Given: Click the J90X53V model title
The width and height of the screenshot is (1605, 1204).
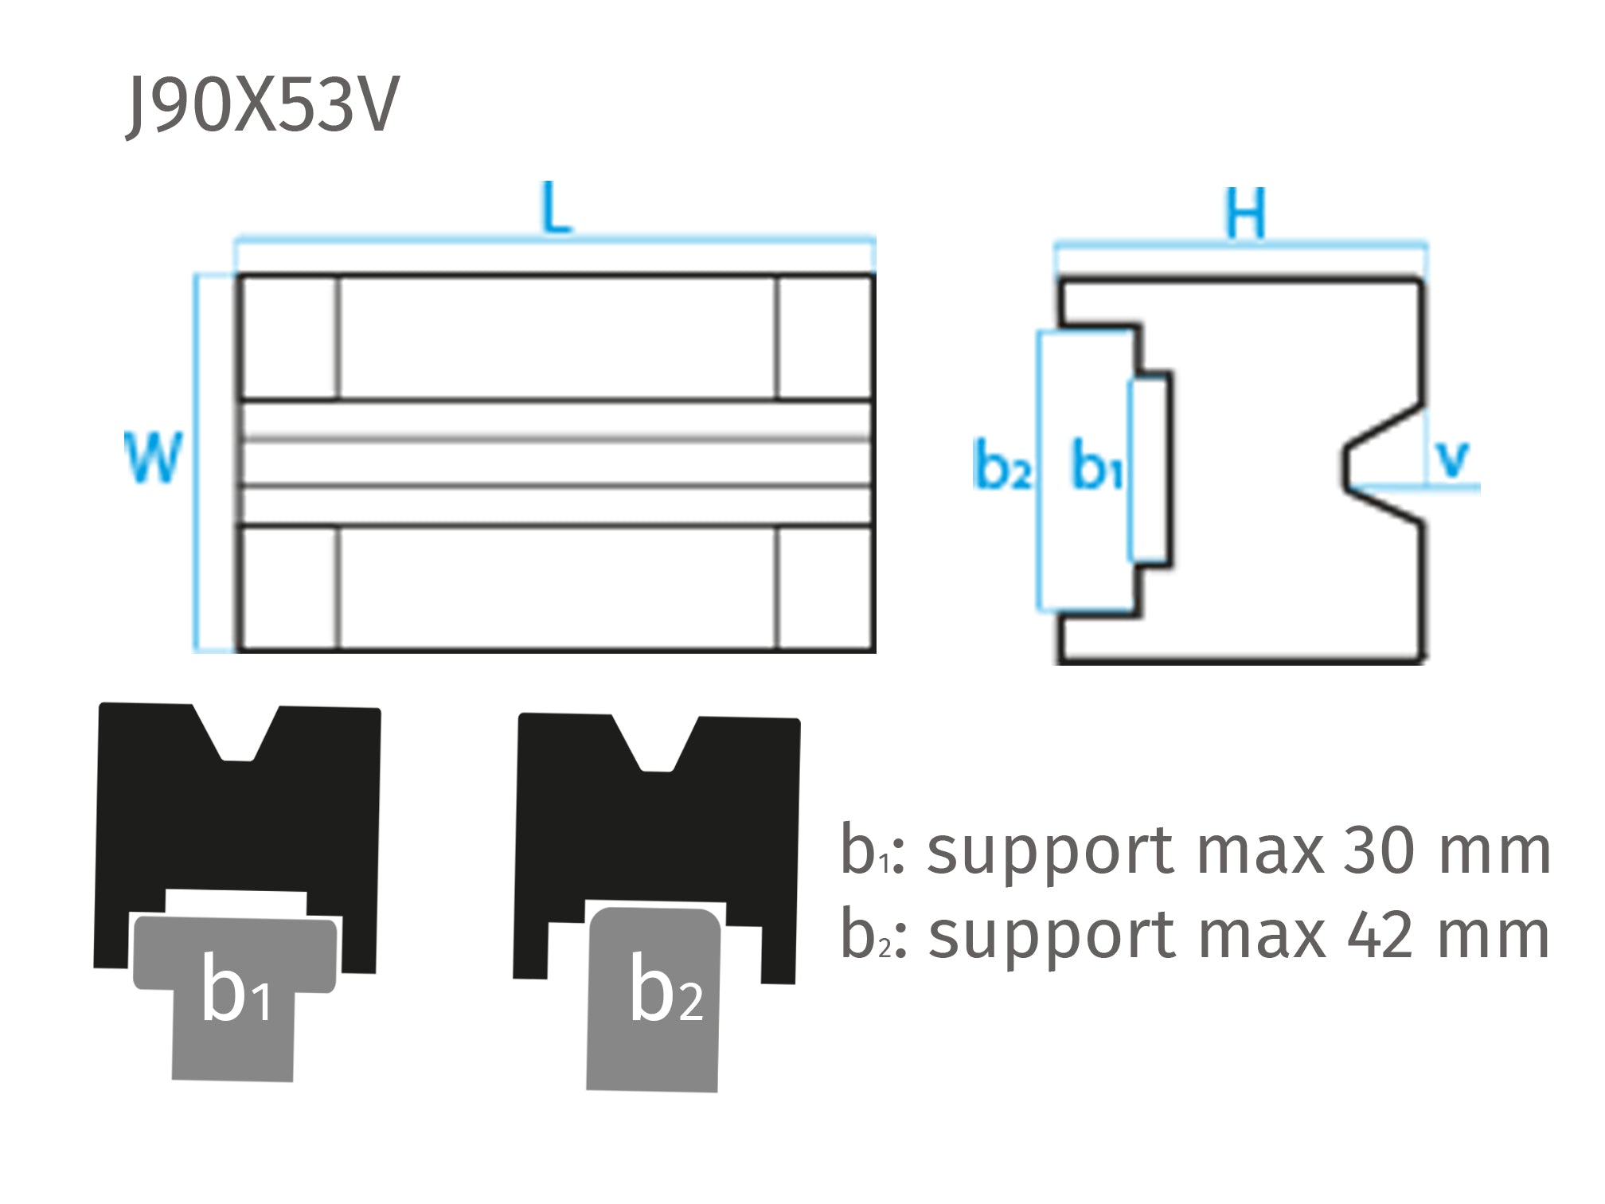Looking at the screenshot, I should (x=263, y=105).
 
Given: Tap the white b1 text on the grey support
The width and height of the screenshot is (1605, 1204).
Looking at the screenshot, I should (x=236, y=990).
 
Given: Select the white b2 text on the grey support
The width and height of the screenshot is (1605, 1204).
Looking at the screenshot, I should (x=666, y=990).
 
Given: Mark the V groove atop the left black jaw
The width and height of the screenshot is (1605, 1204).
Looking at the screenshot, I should (x=236, y=737).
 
